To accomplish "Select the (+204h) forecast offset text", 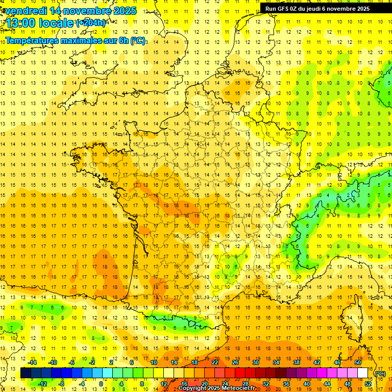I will pyautogui.click(x=91, y=22).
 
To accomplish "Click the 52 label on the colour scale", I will pyautogui.click(x=367, y=383).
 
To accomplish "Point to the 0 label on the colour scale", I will pyautogui.click(x=101, y=383).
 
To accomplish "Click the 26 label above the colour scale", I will pyautogui.click(x=235, y=362).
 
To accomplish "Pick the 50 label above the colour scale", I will pyautogui.click(x=358, y=362).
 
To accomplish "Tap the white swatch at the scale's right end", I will pyautogui.click(x=363, y=373).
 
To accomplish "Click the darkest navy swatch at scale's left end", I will pyautogui.click(x=26, y=373).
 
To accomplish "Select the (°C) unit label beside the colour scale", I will pyautogui.click(x=379, y=373).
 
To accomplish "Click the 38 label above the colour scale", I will pyautogui.click(x=297, y=362).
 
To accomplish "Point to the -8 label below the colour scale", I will pyautogui.click(x=61, y=383).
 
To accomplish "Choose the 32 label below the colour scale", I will pyautogui.click(x=266, y=383).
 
